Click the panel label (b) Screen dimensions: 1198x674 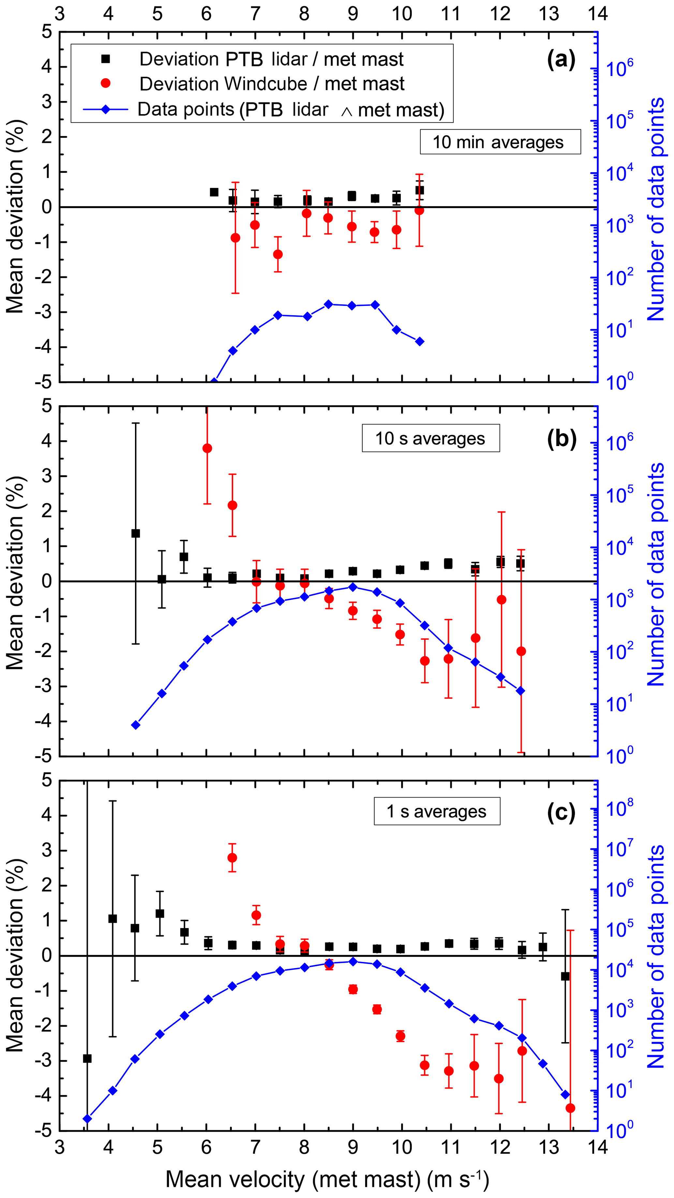point(562,439)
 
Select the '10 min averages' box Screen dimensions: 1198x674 point(500,142)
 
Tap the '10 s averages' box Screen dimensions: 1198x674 point(431,438)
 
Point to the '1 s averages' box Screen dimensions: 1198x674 point(437,812)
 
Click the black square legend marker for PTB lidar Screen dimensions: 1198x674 point(106,59)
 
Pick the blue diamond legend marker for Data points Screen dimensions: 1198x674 point(106,110)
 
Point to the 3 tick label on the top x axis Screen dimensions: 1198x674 point(60,14)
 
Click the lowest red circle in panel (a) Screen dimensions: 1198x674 point(278,254)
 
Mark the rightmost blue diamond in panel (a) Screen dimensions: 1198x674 point(420,342)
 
